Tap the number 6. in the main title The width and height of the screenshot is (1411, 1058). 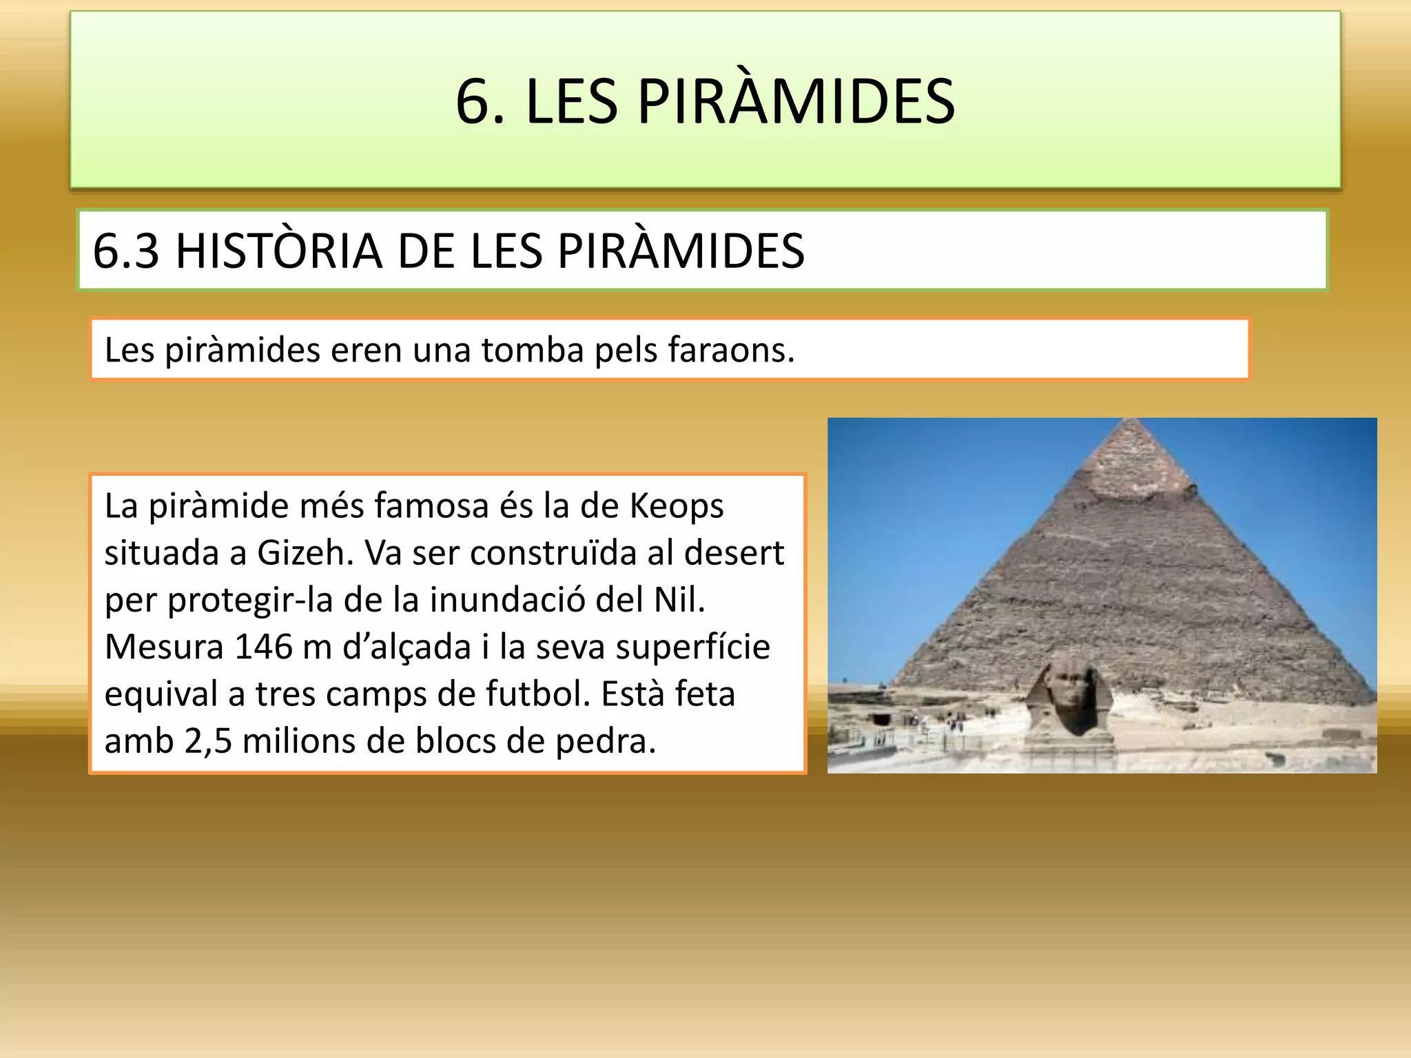(480, 102)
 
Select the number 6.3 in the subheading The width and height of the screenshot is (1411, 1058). (126, 250)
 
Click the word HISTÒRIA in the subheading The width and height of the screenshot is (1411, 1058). (279, 250)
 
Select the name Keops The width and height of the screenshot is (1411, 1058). (677, 506)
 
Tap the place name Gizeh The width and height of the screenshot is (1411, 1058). (305, 553)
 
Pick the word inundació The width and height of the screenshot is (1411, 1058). (507, 600)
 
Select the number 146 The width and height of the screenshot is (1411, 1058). (264, 647)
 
